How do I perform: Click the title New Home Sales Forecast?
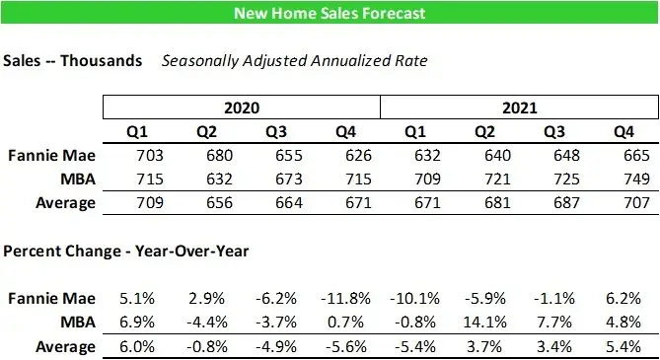coord(330,13)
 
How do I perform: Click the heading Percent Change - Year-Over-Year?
coord(126,252)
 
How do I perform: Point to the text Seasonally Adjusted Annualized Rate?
coord(295,61)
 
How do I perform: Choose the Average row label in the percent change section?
coord(66,346)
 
